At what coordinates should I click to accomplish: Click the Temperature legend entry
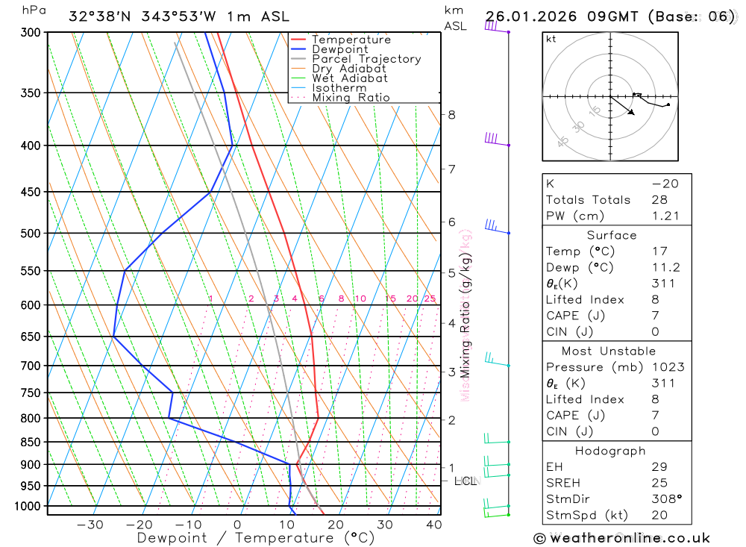(x=351, y=40)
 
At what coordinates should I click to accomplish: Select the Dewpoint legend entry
(x=340, y=49)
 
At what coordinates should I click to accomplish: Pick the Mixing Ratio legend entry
(x=351, y=97)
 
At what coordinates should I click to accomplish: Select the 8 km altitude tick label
(x=452, y=115)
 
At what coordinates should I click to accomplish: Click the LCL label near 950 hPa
(x=465, y=481)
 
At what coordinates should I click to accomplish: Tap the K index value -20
(x=661, y=184)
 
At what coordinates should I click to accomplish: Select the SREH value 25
(x=659, y=483)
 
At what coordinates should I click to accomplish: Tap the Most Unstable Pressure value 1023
(x=667, y=367)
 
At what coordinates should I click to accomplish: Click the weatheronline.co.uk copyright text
(x=622, y=538)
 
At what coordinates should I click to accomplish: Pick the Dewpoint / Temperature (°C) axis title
(x=256, y=538)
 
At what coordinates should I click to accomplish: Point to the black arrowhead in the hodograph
(x=633, y=113)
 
